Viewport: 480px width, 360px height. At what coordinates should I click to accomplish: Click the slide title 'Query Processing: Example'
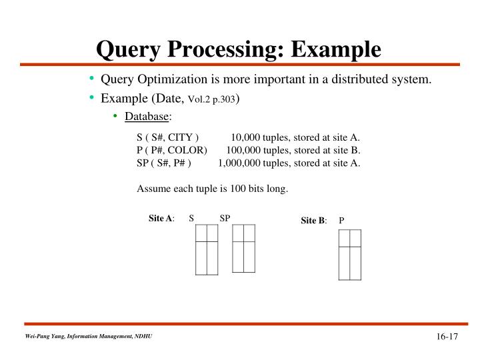pyautogui.click(x=239, y=48)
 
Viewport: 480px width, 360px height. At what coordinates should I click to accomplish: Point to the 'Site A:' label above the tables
pyautogui.click(x=161, y=219)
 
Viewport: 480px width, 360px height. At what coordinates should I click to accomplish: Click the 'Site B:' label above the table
pyautogui.click(x=313, y=221)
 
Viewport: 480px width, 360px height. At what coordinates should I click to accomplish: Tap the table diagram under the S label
pyautogui.click(x=207, y=249)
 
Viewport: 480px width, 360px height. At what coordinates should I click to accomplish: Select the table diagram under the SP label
pyautogui.click(x=243, y=248)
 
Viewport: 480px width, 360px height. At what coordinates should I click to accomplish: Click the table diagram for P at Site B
pyautogui.click(x=350, y=255)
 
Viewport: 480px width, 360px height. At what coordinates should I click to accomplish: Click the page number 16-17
pyautogui.click(x=447, y=336)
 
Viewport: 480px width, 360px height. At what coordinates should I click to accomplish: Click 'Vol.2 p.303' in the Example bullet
pyautogui.click(x=212, y=99)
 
